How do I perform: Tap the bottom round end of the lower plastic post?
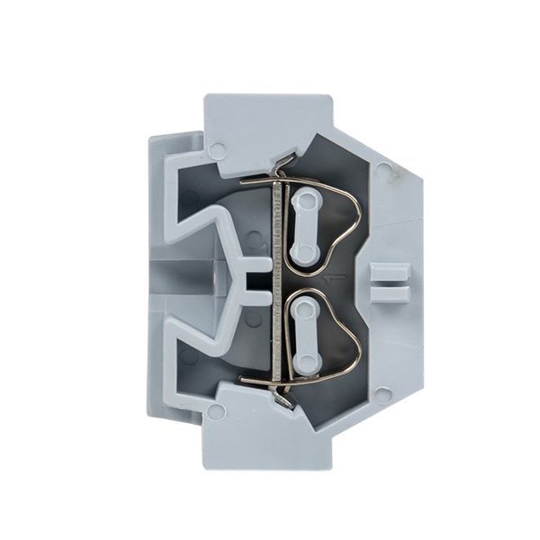pyautogui.click(x=305, y=361)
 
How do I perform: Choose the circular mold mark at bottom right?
pyautogui.click(x=383, y=393)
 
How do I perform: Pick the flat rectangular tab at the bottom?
pyautogui.click(x=270, y=441)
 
